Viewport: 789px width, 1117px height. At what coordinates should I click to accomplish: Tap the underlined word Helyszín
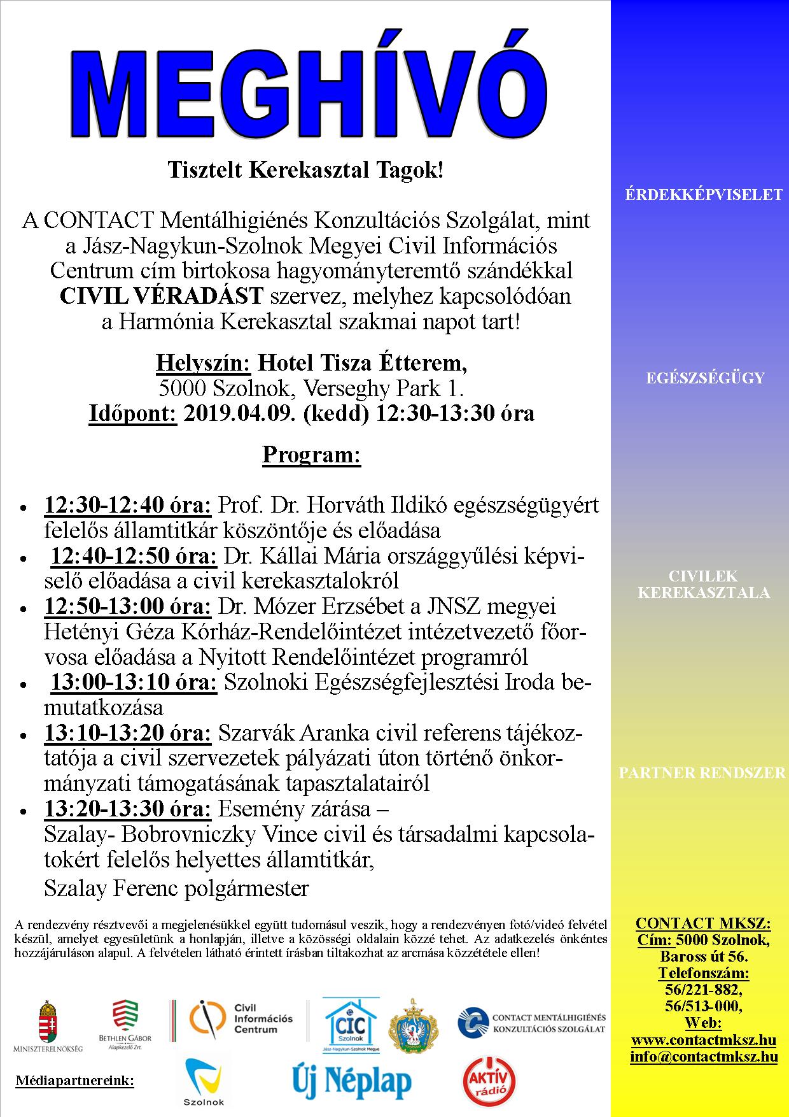click(x=203, y=363)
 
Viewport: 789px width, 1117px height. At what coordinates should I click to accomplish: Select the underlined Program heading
click(x=311, y=455)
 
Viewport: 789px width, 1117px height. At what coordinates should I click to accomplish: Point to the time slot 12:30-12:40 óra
click(x=127, y=506)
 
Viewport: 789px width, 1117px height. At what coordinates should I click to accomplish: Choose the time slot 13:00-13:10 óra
click(x=134, y=683)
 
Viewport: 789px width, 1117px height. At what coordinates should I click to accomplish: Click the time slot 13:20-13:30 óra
click(x=127, y=809)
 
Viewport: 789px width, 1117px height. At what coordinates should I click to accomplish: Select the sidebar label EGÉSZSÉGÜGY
click(x=704, y=378)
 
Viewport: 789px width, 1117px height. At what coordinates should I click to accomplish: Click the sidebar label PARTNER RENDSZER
click(x=702, y=773)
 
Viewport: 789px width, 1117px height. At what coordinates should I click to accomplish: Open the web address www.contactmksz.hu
click(x=704, y=1041)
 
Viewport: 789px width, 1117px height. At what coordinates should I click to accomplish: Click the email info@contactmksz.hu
click(x=704, y=1057)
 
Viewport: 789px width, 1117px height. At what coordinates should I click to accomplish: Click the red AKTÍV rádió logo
click(x=489, y=1081)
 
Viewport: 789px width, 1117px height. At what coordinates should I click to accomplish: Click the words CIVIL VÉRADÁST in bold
click(x=161, y=296)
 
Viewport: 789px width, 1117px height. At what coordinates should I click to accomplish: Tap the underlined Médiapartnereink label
click(x=74, y=1081)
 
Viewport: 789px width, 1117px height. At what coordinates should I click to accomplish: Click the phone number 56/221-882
click(x=704, y=991)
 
